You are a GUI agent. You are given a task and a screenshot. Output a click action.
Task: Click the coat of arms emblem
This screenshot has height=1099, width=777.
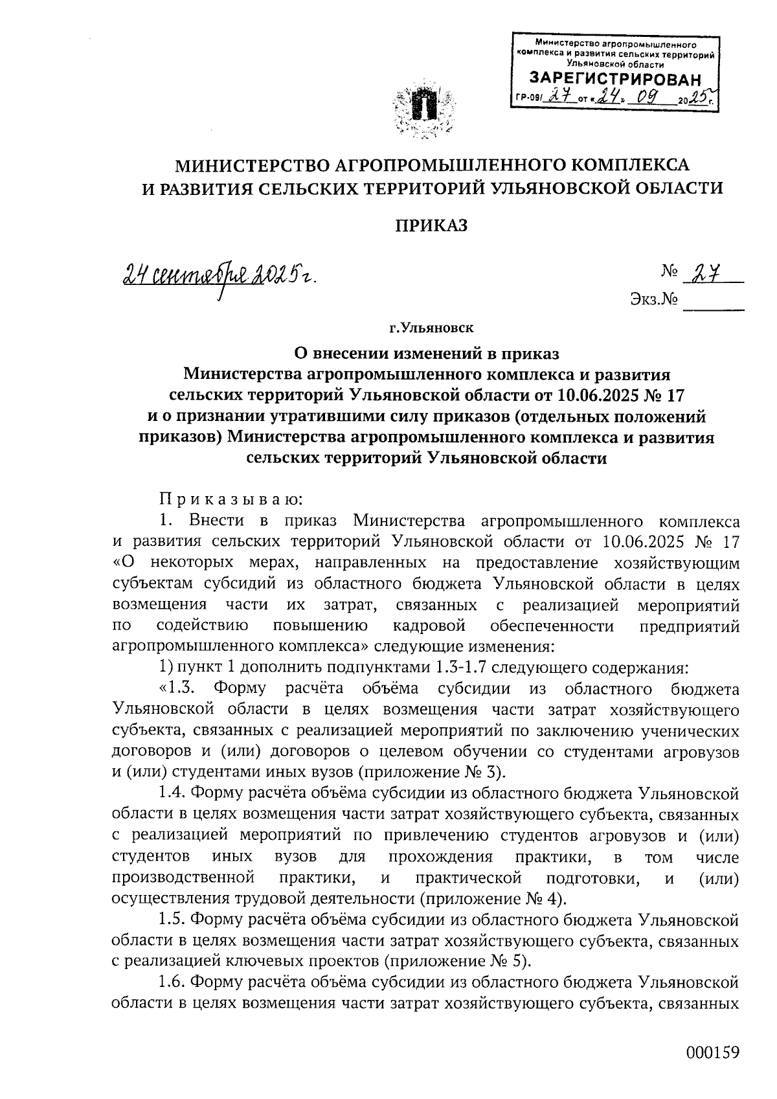pyautogui.click(x=422, y=108)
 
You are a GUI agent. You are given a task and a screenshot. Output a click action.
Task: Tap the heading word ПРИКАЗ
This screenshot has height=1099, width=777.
pyautogui.click(x=431, y=225)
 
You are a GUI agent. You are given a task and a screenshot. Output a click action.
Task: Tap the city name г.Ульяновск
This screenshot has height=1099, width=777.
pyautogui.click(x=431, y=330)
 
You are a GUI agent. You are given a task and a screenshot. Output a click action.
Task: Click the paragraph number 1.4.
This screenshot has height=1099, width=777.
pyautogui.click(x=172, y=793)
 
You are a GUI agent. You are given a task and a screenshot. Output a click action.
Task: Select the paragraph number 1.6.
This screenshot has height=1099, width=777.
pyautogui.click(x=172, y=982)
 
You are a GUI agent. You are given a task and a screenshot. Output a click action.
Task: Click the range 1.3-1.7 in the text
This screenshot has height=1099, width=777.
pyautogui.click(x=458, y=668)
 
